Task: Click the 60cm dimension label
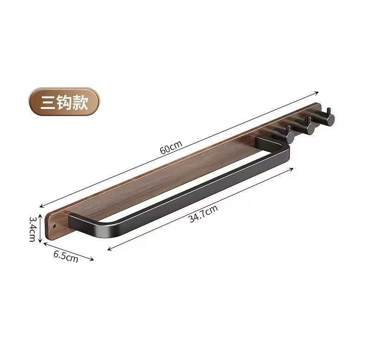point(171,147)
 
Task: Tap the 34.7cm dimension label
point(203,213)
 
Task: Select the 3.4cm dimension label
point(32,229)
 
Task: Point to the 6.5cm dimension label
point(66,257)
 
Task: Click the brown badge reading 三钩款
point(64,102)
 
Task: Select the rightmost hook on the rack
point(325,117)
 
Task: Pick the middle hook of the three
point(305,126)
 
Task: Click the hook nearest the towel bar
point(285,135)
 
